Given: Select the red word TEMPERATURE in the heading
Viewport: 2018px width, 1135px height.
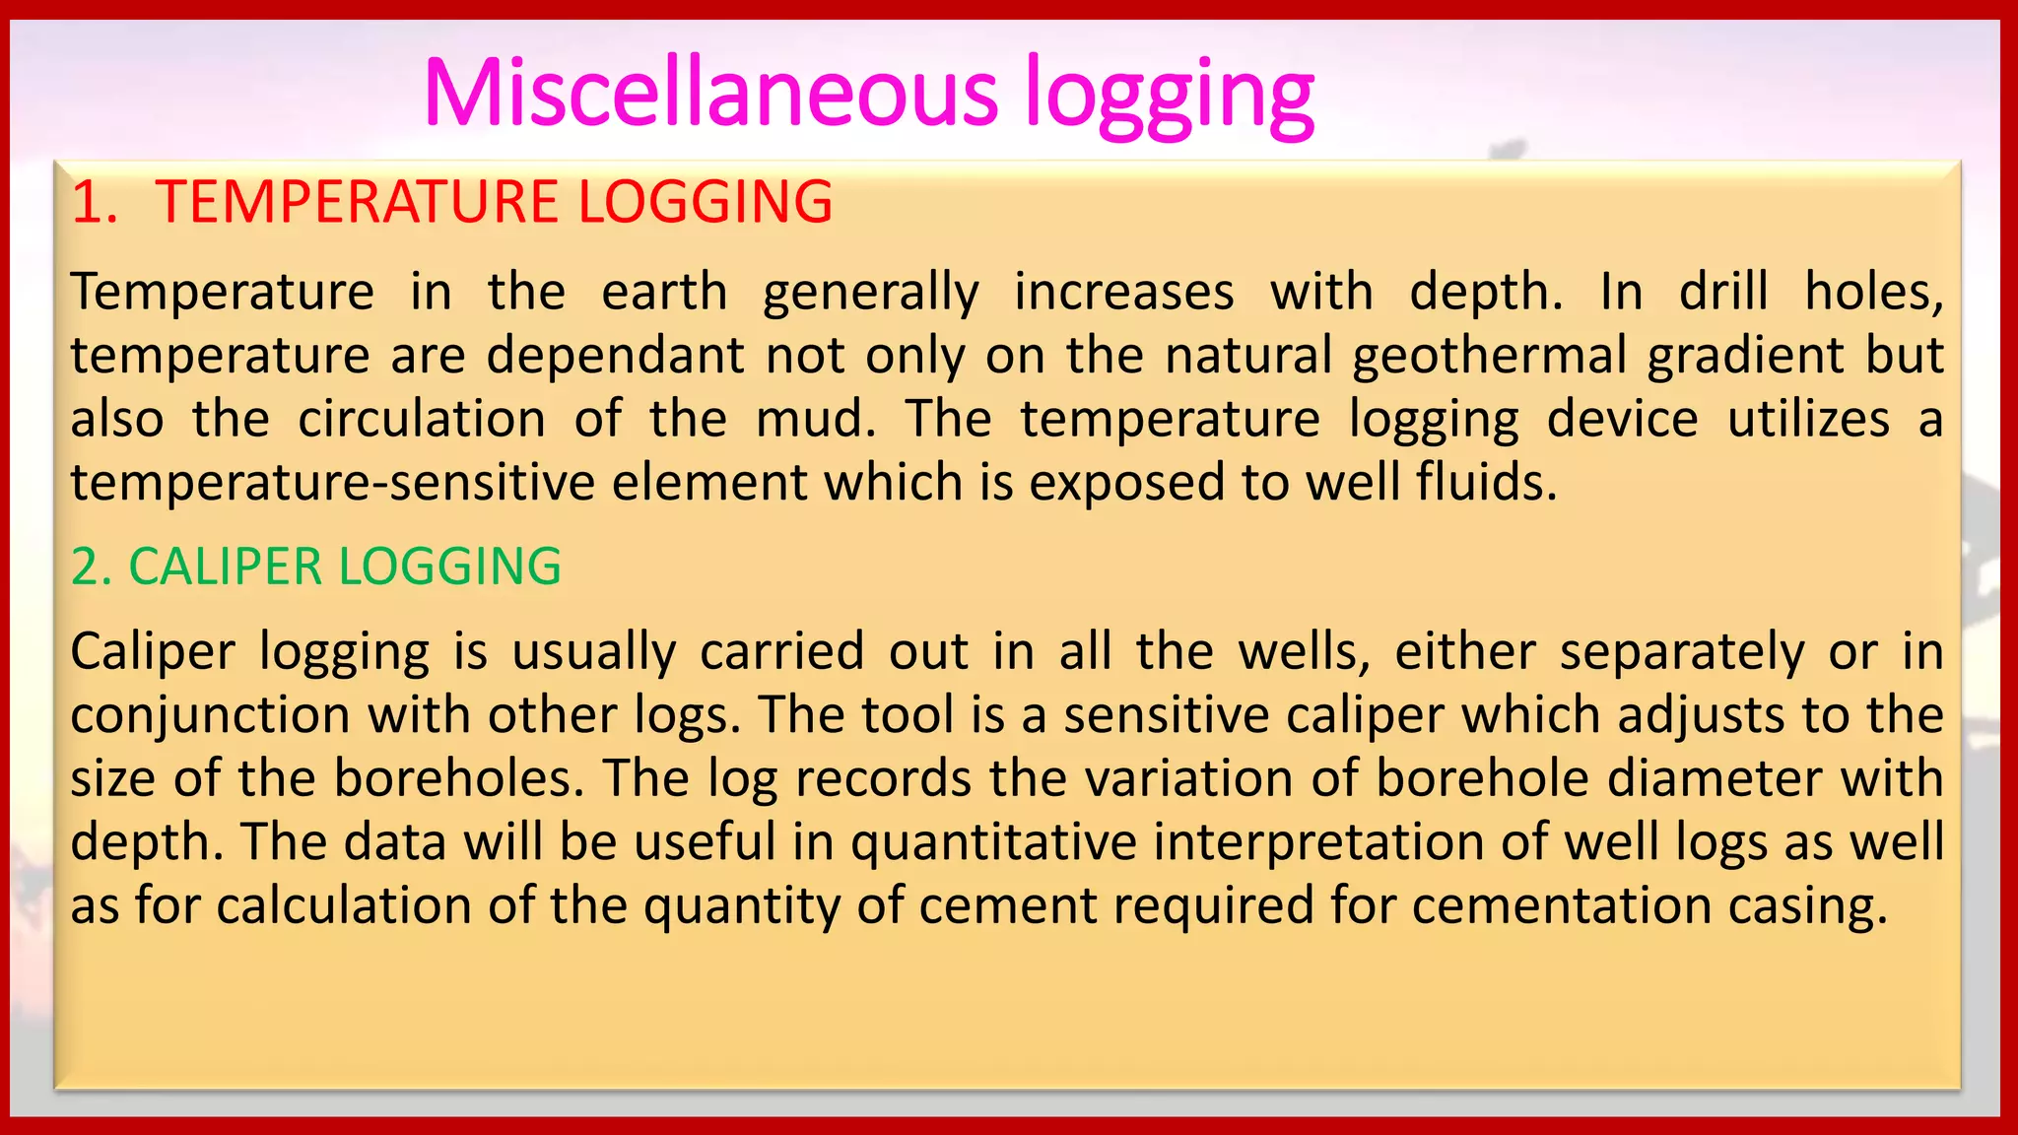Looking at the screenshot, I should tap(356, 202).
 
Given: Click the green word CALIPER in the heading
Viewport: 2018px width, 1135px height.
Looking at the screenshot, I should tap(226, 567).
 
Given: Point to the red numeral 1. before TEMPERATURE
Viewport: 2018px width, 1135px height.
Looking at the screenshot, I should tap(94, 202).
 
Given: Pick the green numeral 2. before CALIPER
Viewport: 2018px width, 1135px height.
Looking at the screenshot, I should tap(92, 567).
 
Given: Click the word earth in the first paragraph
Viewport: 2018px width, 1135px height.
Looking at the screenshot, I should tap(664, 292).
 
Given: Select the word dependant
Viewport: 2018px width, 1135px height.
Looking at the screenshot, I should tap(615, 355).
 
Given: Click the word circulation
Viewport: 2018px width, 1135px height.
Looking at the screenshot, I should tap(422, 419).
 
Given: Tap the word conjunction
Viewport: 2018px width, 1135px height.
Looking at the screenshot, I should tap(210, 716).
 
